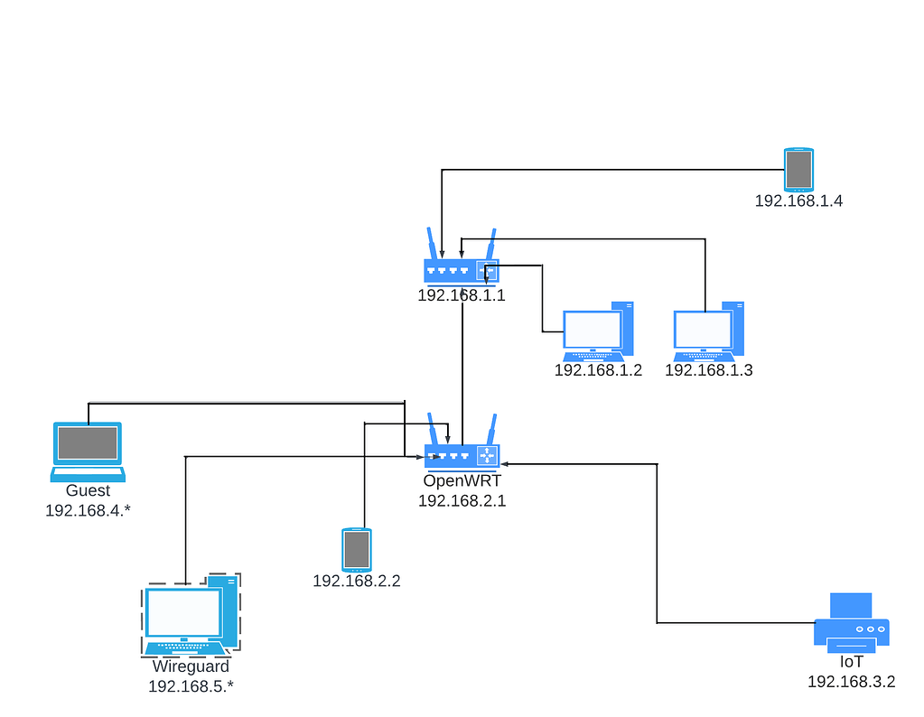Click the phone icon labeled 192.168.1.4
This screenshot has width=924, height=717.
click(798, 170)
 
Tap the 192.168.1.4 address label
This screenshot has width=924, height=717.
click(798, 200)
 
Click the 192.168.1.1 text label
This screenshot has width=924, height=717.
click(462, 294)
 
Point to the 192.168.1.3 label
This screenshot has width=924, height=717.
click(708, 369)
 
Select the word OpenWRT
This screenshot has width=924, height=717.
click(462, 480)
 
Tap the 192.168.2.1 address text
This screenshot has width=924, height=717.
click(462, 500)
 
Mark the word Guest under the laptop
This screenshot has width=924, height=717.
click(88, 490)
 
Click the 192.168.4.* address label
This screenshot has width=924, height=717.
click(88, 510)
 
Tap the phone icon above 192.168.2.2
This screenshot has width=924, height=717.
click(356, 550)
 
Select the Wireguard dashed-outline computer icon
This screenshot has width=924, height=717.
click(191, 614)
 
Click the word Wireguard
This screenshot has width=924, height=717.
click(190, 666)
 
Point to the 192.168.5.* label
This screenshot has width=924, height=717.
click(190, 686)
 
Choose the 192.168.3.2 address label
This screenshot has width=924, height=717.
click(851, 682)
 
